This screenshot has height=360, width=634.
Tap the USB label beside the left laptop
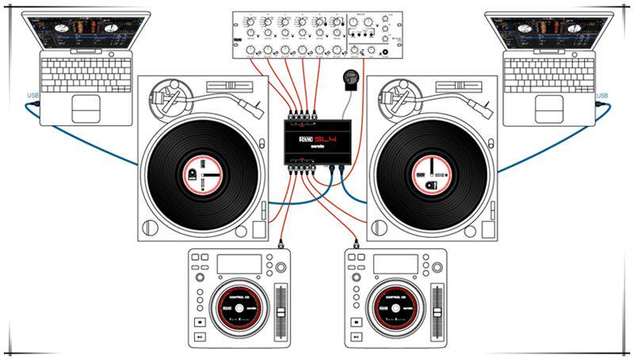[x=32, y=97]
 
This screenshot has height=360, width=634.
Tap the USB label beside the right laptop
[x=602, y=96]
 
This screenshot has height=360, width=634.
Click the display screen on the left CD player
[x=239, y=264]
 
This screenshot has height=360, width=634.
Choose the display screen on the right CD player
[x=395, y=264]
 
